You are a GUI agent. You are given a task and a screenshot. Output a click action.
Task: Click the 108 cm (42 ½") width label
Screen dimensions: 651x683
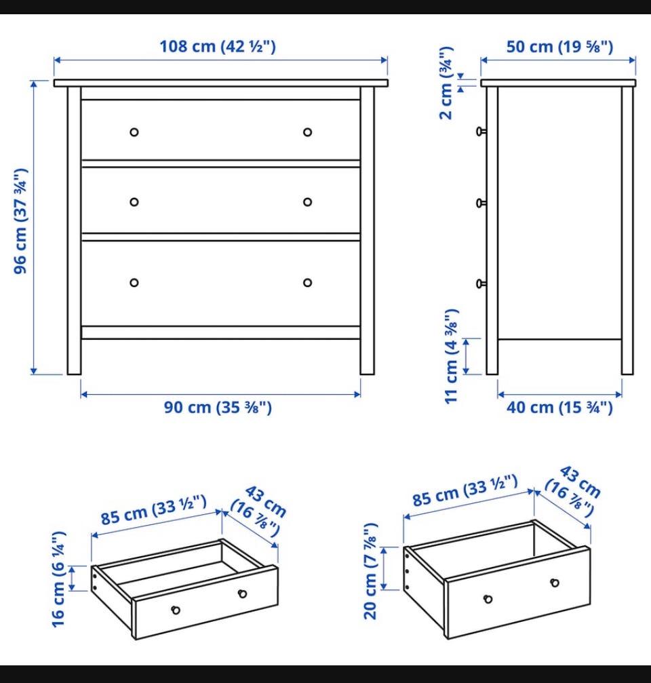click(x=218, y=46)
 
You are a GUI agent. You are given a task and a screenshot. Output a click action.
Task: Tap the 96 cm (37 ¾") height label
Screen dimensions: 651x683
click(x=20, y=221)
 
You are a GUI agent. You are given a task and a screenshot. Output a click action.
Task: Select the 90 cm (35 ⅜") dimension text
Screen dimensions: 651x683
click(x=218, y=407)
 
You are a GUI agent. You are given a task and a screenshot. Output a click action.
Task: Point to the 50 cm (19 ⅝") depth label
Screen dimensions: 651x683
click(x=559, y=47)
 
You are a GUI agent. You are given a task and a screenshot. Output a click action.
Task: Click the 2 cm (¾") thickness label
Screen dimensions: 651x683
click(x=446, y=83)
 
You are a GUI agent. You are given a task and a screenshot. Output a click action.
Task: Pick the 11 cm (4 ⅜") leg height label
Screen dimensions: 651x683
click(x=452, y=356)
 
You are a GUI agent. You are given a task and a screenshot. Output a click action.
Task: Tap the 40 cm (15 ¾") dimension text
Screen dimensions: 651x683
click(x=559, y=407)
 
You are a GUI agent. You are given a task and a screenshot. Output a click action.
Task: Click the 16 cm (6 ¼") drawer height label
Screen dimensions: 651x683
click(x=59, y=579)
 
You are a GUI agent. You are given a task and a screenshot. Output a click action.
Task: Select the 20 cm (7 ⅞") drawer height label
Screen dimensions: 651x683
click(x=370, y=571)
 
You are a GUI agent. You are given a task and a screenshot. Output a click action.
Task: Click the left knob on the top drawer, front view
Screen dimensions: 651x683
click(x=134, y=132)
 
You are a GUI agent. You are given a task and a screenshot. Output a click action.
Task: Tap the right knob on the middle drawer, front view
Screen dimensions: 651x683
click(x=307, y=202)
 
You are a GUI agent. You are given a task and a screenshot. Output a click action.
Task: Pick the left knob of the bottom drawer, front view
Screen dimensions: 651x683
click(x=134, y=283)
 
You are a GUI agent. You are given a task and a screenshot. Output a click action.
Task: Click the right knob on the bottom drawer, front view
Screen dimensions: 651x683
click(x=307, y=283)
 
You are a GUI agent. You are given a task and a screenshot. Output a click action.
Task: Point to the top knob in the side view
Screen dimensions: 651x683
click(x=481, y=131)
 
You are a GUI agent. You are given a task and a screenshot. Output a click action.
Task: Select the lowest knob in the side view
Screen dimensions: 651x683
click(x=481, y=284)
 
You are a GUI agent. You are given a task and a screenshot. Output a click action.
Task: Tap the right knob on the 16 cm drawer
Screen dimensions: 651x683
click(x=243, y=593)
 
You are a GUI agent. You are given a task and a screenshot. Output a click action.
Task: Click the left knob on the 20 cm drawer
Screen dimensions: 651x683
click(x=488, y=600)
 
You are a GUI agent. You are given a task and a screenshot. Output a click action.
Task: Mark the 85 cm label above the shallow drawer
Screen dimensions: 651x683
click(x=154, y=510)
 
